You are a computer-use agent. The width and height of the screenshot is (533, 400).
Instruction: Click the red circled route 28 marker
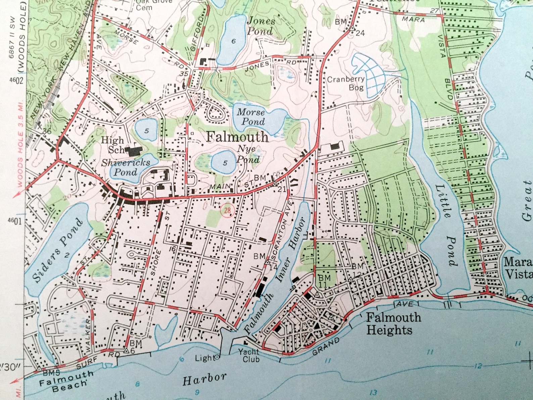point(228,211)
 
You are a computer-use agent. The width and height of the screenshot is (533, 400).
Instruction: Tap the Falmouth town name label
point(237,137)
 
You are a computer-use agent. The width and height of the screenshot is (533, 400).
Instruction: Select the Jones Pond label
point(261,26)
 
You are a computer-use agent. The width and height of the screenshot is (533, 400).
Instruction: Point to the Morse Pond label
point(251,117)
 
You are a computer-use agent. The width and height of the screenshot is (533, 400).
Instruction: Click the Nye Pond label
point(248,154)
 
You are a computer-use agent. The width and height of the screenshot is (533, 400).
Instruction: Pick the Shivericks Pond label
point(126,167)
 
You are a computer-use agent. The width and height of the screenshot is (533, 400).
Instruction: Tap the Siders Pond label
point(57,250)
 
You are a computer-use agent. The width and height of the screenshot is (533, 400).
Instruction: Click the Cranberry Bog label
point(346,83)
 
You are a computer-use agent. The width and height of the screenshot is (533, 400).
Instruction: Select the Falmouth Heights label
point(393,323)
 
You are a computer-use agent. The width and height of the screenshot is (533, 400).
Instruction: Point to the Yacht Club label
point(249,355)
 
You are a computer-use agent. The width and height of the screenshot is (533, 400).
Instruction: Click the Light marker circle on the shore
point(217,357)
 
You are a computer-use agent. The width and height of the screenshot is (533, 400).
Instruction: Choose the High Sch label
point(113,144)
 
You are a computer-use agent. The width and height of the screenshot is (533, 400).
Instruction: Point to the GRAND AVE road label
point(325,347)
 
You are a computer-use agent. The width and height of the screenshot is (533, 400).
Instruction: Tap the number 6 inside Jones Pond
point(234,42)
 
